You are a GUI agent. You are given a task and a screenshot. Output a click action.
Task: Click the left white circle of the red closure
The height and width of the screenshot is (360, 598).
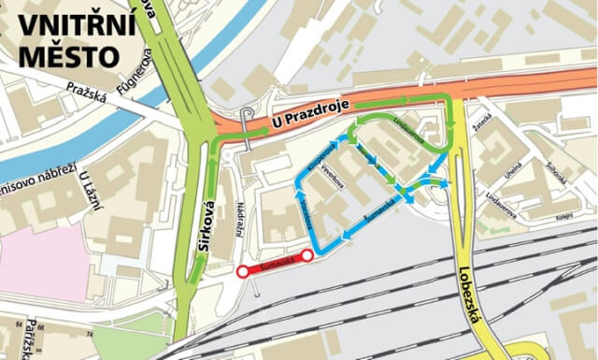243,271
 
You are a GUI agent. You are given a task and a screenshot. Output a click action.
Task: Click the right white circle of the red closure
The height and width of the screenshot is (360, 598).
306,254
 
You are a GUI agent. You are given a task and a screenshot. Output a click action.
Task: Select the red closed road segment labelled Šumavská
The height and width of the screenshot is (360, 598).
275,263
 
